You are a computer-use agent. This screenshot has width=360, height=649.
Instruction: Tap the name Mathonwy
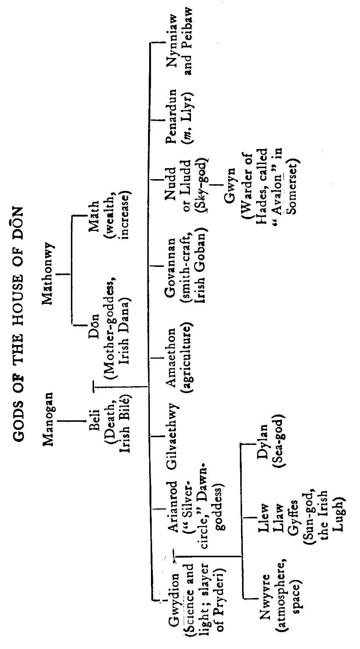[x=48, y=273]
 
